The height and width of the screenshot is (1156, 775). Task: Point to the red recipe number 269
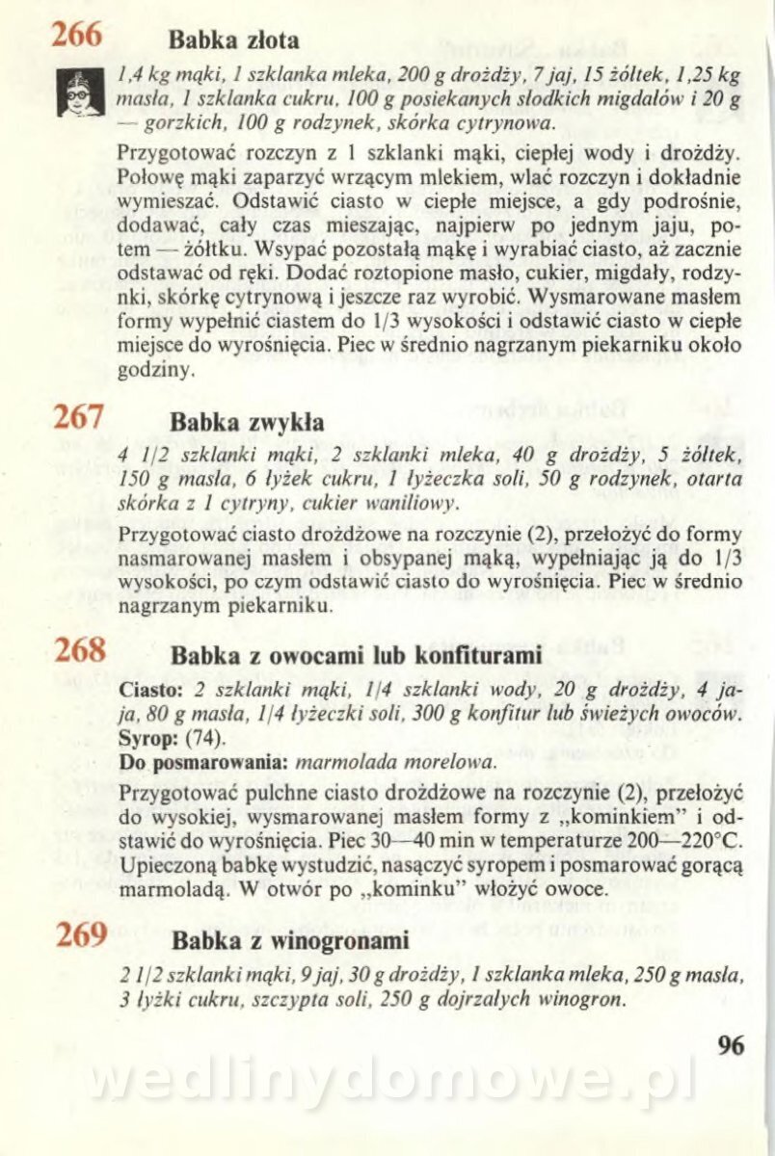click(x=80, y=933)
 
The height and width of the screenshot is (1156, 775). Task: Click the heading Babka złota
click(x=234, y=41)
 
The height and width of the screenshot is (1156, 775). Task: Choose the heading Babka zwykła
click(x=247, y=423)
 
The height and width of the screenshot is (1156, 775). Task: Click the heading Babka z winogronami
click(x=290, y=939)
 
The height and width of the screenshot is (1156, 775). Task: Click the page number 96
click(x=731, y=1045)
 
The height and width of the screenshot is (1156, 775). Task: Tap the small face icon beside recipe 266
click(x=80, y=93)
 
